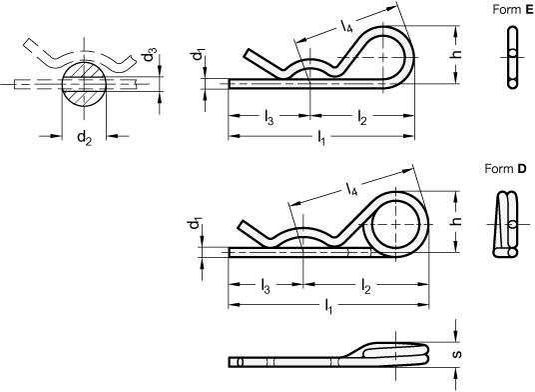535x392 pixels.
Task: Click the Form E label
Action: click(x=513, y=10)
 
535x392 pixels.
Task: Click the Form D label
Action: click(x=506, y=168)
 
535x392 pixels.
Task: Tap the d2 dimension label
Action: click(x=84, y=138)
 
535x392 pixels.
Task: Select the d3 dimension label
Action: click(x=150, y=55)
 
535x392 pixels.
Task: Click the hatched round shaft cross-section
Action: click(x=84, y=84)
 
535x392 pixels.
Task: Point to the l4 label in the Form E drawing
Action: click(x=345, y=26)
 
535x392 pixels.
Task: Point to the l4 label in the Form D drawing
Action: click(x=351, y=188)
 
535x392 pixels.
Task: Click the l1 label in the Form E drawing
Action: click(x=321, y=138)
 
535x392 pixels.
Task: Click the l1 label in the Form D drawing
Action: click(x=328, y=306)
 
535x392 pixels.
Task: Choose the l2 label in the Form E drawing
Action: click(x=362, y=118)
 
